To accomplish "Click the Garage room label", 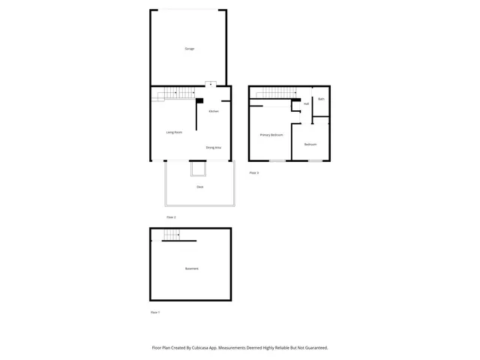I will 190,49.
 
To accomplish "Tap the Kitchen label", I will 214,111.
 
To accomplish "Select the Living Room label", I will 174,132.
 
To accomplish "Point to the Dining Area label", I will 214,148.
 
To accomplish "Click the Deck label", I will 199,187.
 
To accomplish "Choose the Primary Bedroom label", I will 271,135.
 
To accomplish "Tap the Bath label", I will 321,99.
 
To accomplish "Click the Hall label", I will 307,104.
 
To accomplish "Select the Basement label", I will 192,268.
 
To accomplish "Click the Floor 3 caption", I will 253,172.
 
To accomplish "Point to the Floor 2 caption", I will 170,217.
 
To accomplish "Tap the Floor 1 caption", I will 154,312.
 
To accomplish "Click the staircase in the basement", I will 172,235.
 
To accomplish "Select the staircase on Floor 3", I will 273,94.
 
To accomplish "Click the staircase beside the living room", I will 177,93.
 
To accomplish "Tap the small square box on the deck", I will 198,170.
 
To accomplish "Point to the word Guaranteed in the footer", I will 314,348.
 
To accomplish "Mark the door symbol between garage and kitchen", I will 211,84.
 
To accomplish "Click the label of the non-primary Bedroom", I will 310,144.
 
